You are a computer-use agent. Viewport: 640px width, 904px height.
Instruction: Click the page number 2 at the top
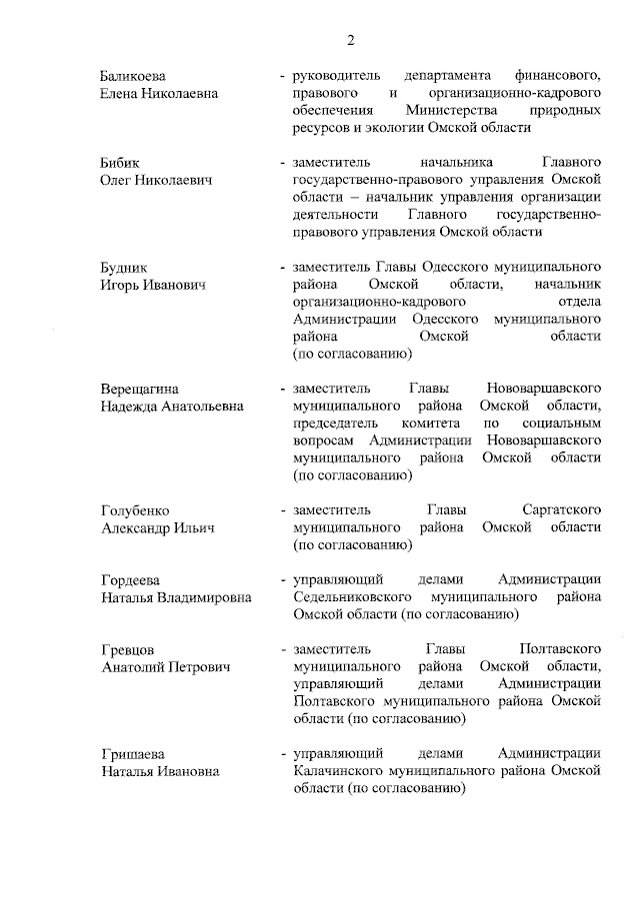coord(350,41)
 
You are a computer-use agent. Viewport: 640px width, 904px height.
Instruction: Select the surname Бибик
coord(122,162)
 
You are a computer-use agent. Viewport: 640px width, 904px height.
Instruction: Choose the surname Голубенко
coord(135,509)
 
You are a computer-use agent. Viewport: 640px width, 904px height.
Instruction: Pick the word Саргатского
coord(560,509)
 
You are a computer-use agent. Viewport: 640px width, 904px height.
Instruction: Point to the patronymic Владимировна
coord(205,598)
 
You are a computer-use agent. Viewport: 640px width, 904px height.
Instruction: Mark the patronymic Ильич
coord(193,527)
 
